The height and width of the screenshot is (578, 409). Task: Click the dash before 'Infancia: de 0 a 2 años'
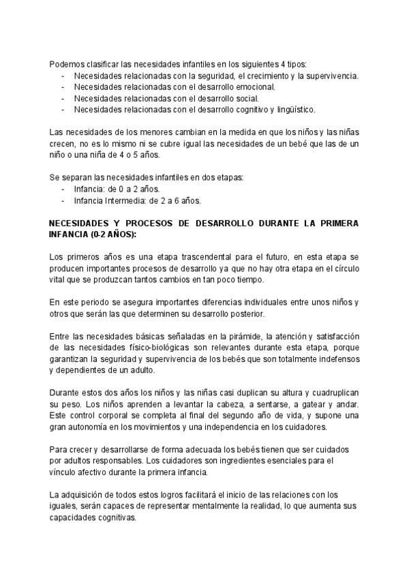[x=63, y=189]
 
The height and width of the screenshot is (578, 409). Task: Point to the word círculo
[x=345, y=269]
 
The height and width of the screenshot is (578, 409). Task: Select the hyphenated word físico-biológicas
[x=158, y=348]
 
